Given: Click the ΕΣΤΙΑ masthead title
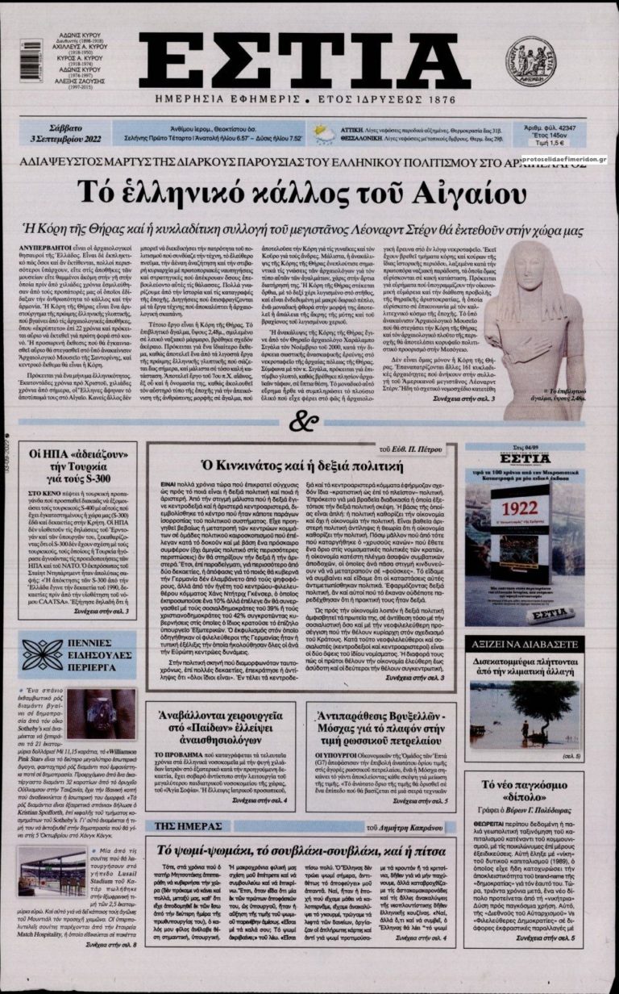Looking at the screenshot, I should (309, 61).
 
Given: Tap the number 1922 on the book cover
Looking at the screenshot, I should (518, 508).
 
